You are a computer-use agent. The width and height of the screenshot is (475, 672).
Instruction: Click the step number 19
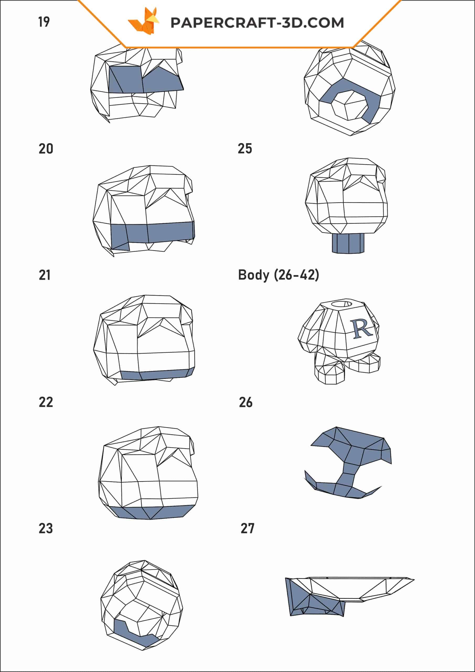(x=44, y=22)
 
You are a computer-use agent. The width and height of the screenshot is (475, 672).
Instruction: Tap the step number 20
(x=46, y=149)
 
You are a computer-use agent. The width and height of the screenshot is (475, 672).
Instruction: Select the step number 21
(x=45, y=275)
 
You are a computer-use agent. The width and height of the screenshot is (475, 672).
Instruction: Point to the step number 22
(x=46, y=402)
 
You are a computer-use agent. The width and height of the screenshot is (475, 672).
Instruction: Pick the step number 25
(x=245, y=149)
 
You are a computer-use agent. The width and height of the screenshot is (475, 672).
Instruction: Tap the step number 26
(x=246, y=402)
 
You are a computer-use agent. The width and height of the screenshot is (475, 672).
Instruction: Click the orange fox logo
(x=144, y=21)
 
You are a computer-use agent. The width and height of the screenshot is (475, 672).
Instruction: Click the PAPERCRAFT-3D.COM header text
(x=257, y=23)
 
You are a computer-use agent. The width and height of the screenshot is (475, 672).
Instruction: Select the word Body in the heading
(x=254, y=275)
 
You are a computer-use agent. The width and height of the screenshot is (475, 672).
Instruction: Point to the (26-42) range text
(x=296, y=275)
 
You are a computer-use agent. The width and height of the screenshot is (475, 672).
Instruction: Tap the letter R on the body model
(x=362, y=329)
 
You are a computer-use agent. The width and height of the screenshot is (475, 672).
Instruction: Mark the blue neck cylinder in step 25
(x=348, y=243)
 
